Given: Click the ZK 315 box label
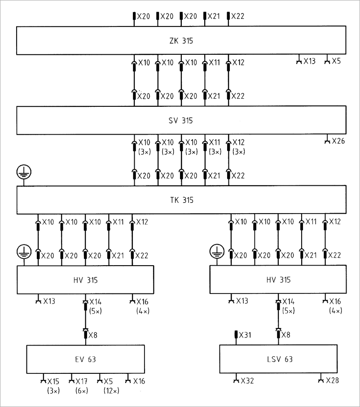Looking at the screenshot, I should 181,41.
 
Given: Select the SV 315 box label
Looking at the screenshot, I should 181,121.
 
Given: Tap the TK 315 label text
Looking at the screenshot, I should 181,200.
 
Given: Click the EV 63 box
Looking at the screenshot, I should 86,359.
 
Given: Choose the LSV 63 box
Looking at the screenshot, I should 278,359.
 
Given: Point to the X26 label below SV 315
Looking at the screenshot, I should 338,141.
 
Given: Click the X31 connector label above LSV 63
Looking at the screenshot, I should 245,335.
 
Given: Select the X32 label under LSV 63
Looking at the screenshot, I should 247,381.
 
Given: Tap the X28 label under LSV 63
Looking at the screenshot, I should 332,381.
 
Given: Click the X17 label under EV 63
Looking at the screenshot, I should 82,381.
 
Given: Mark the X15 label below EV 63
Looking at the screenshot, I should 53,381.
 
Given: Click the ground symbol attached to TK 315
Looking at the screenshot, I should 23,171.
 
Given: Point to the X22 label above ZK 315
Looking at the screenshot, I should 238,17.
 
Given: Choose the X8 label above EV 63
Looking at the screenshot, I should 93,335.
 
